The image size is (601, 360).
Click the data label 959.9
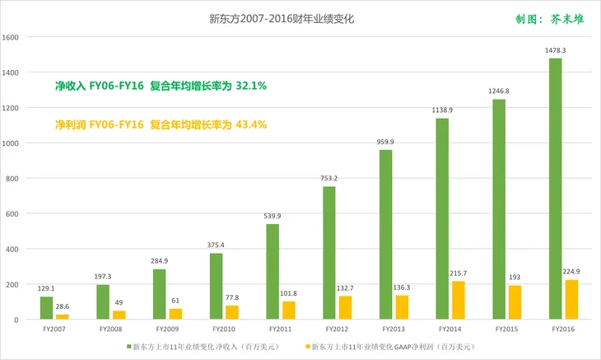coord(386,142)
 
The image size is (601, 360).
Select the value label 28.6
coord(62,306)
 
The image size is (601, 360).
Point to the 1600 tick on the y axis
coord(11,38)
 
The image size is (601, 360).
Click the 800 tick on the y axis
coord(13,179)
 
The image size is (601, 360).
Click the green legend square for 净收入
coord(128,348)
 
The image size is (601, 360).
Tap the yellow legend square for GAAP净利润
coord(305,348)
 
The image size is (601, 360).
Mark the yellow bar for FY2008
coord(119,315)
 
